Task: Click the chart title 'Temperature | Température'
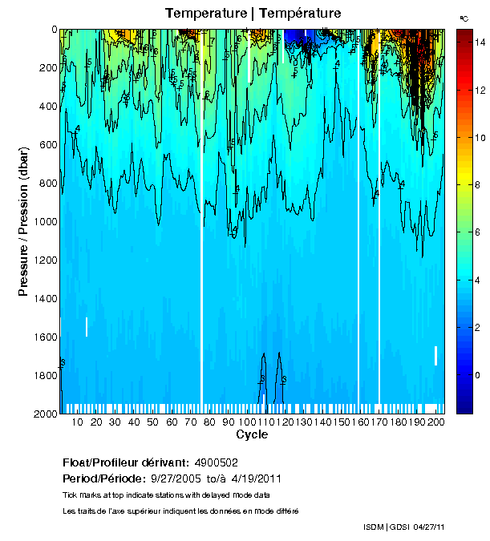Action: pyautogui.click(x=253, y=13)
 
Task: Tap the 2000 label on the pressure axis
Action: pyautogui.click(x=44, y=414)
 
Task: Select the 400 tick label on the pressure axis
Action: pyautogui.click(x=47, y=107)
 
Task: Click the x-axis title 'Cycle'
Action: pyautogui.click(x=247, y=435)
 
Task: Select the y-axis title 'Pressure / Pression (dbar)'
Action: pyautogui.click(x=24, y=222)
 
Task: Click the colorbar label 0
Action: pyautogui.click(x=472, y=375)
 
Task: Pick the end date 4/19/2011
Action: pyautogui.click(x=253, y=478)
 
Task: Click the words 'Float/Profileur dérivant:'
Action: pyautogui.click(x=125, y=462)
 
